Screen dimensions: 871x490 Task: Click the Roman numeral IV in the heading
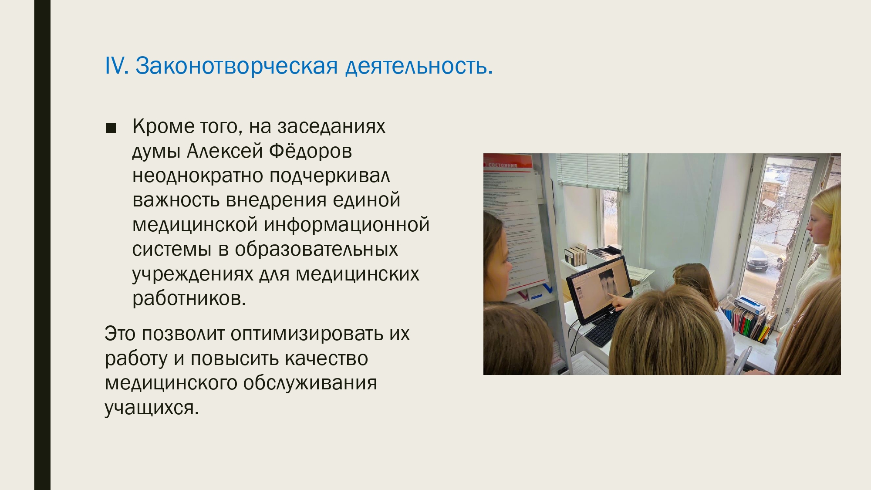tap(116, 66)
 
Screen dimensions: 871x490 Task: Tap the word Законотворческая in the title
tap(236, 67)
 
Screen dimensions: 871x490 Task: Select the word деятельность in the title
tap(419, 67)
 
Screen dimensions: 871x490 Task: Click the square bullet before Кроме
tap(111, 128)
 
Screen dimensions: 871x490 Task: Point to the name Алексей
tap(225, 151)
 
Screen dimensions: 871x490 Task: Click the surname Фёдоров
tap(311, 151)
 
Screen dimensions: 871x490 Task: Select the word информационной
tap(347, 225)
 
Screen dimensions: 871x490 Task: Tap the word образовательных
tap(317, 250)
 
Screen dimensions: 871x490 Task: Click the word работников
tap(189, 299)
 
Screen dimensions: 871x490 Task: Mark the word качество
tap(326, 359)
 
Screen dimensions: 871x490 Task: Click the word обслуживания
tap(310, 384)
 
